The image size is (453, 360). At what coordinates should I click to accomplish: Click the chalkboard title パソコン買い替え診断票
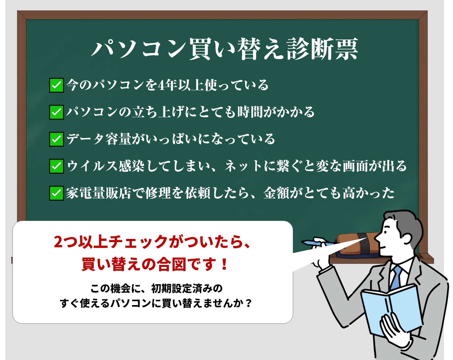(225, 49)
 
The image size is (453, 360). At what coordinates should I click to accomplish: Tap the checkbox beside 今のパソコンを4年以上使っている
(57, 85)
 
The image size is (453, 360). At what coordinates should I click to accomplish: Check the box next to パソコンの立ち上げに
(57, 112)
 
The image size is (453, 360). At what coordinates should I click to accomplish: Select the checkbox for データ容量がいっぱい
(57, 139)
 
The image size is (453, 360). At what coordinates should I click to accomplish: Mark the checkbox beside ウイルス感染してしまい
(57, 166)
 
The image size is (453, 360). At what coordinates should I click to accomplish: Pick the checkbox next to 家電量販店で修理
(57, 193)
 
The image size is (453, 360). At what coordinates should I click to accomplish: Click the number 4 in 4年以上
(161, 85)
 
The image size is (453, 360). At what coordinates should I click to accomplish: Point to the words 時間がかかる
(276, 112)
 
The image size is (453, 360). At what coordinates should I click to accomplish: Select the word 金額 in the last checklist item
(276, 193)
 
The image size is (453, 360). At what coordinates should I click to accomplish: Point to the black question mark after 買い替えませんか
(248, 303)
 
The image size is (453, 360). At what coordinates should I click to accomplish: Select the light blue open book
(392, 310)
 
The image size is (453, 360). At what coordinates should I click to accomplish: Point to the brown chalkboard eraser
(358, 244)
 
